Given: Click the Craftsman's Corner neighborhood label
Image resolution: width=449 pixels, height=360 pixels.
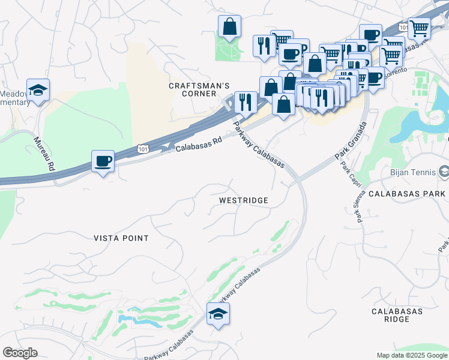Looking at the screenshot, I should coord(192,90).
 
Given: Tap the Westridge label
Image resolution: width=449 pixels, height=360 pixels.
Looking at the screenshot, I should coord(243,200).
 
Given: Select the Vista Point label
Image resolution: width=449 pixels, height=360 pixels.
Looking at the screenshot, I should coord(121,238).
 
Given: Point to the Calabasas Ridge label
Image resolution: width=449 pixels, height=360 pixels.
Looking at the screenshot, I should coord(397,315).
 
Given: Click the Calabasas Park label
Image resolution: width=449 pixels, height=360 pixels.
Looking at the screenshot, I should coord(406,194).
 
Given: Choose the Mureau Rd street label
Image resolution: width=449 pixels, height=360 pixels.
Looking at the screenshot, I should coord(44,154).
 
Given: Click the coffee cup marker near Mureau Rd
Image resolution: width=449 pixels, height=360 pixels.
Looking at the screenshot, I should coord(103,161).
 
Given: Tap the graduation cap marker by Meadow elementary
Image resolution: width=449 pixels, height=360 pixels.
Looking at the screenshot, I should coord(38,90).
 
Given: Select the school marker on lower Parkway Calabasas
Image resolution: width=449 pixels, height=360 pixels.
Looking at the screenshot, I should coord(218,313).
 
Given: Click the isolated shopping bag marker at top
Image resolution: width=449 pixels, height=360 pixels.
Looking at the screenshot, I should coord(229,26).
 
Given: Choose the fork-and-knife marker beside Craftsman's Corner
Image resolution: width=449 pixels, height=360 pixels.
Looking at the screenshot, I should coord(245,102).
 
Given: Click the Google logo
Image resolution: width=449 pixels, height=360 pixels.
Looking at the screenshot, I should coord(20,353).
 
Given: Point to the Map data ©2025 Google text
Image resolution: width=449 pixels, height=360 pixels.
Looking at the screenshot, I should coord(411,355).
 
